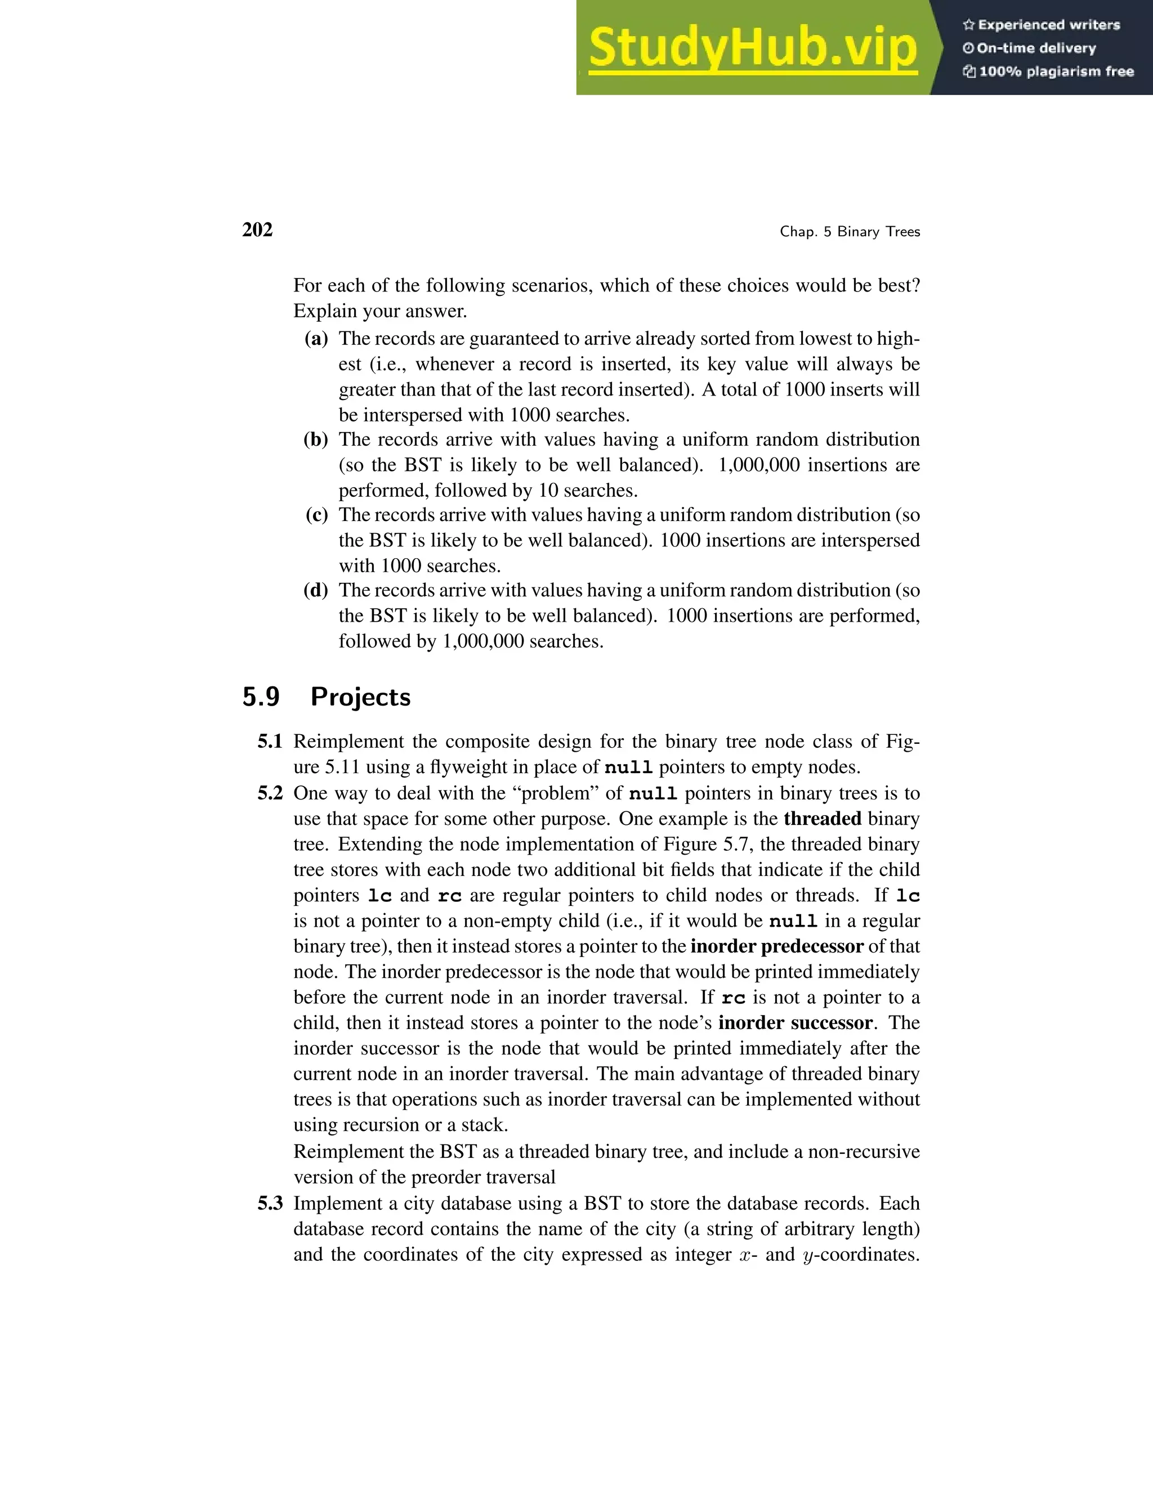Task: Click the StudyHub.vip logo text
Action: point(752,48)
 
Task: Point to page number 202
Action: point(257,230)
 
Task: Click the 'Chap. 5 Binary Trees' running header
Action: point(850,232)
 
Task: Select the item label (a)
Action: point(316,339)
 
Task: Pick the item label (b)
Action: point(316,439)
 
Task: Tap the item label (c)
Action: point(316,515)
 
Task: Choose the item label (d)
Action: point(316,590)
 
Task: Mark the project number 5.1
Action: point(270,742)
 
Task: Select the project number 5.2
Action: point(270,793)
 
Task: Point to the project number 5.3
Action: point(270,1203)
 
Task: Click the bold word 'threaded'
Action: point(823,819)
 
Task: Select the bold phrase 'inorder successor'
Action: point(795,1023)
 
